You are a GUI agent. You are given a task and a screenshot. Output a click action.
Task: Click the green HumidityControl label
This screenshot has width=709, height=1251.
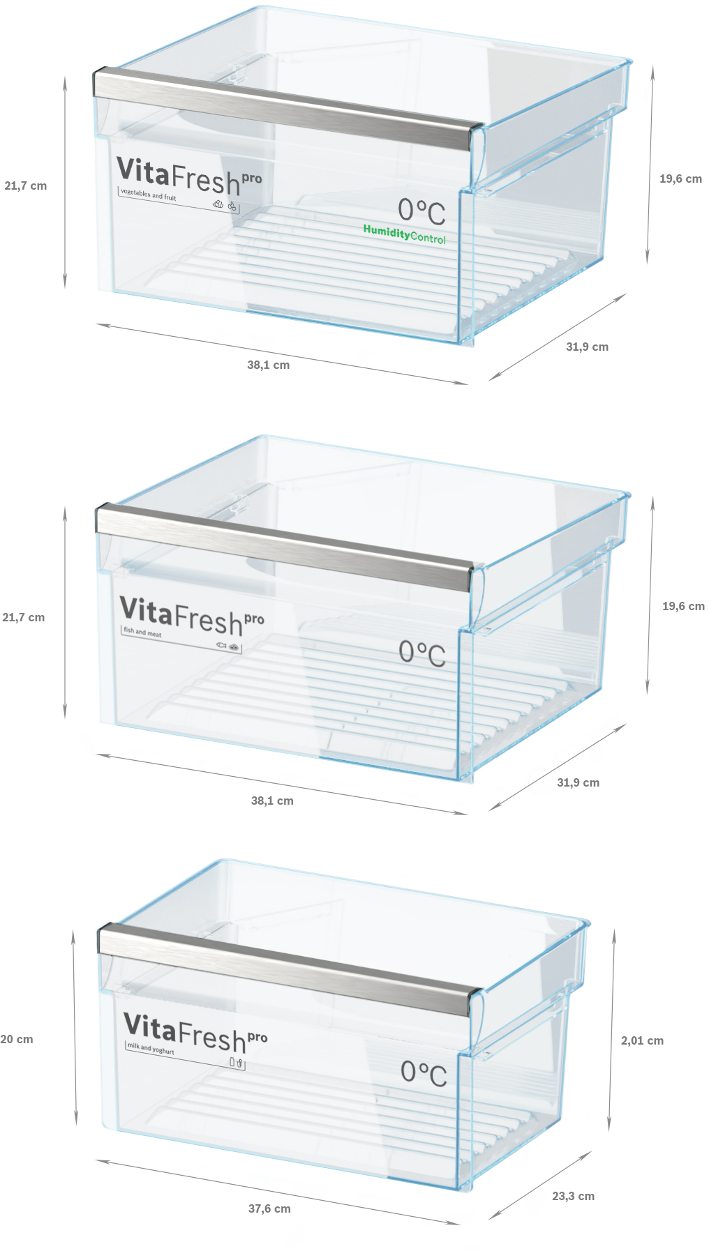click(x=404, y=234)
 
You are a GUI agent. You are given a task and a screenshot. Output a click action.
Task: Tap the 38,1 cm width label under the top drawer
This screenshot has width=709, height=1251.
click(x=268, y=365)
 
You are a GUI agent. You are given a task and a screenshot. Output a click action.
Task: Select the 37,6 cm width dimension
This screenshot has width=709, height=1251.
click(x=269, y=1208)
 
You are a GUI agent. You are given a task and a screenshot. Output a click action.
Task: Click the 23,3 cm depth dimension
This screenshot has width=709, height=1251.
click(x=574, y=1196)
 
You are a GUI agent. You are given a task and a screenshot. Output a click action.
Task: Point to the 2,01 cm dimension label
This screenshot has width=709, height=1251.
click(x=642, y=1040)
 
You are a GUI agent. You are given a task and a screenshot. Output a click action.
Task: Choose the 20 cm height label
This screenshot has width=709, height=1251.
click(x=17, y=1039)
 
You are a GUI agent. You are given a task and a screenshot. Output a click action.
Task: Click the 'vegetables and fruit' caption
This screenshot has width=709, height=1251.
click(x=149, y=195)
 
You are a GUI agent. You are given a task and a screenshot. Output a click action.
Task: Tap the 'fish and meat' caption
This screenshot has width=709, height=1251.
click(x=142, y=632)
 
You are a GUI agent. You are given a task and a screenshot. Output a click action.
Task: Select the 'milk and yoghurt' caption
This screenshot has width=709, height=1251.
click(x=151, y=1048)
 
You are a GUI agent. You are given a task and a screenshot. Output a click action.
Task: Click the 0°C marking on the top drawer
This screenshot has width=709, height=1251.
click(x=421, y=211)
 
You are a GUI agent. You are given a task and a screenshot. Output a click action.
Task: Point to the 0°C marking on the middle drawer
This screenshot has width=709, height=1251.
click(x=422, y=653)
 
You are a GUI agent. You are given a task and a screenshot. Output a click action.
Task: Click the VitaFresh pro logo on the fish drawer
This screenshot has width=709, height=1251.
click(x=192, y=616)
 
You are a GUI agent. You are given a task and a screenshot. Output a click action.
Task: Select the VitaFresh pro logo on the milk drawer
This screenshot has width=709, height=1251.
click(x=195, y=1033)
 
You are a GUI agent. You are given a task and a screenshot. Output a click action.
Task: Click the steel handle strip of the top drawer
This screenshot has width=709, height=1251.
click(x=287, y=109)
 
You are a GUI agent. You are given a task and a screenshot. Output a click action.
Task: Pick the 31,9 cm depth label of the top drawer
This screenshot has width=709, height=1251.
click(x=587, y=347)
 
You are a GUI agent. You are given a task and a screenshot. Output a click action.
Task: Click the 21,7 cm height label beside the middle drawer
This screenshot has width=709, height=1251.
click(x=24, y=617)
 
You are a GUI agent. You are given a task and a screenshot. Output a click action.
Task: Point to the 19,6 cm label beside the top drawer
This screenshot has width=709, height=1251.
click(x=680, y=179)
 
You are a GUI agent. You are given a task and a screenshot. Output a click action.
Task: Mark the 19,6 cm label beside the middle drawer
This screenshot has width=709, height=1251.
click(x=683, y=606)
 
